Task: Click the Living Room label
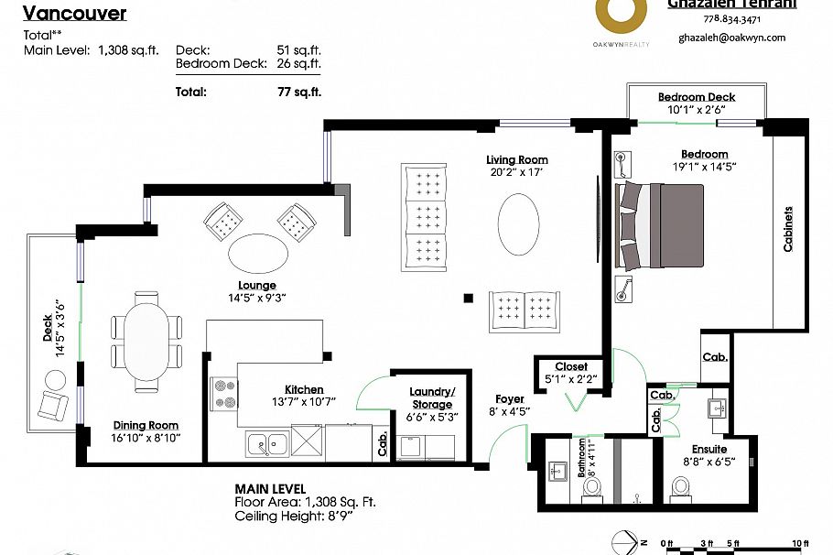(x=517, y=160)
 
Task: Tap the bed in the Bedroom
(x=660, y=224)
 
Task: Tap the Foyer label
(x=510, y=398)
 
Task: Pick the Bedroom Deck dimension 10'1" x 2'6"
(x=696, y=110)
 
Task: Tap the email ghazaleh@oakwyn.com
(x=731, y=38)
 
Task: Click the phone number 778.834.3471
(x=730, y=19)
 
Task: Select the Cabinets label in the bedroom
(x=788, y=229)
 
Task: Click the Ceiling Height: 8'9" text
(x=292, y=516)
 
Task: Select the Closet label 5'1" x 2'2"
(x=571, y=373)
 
